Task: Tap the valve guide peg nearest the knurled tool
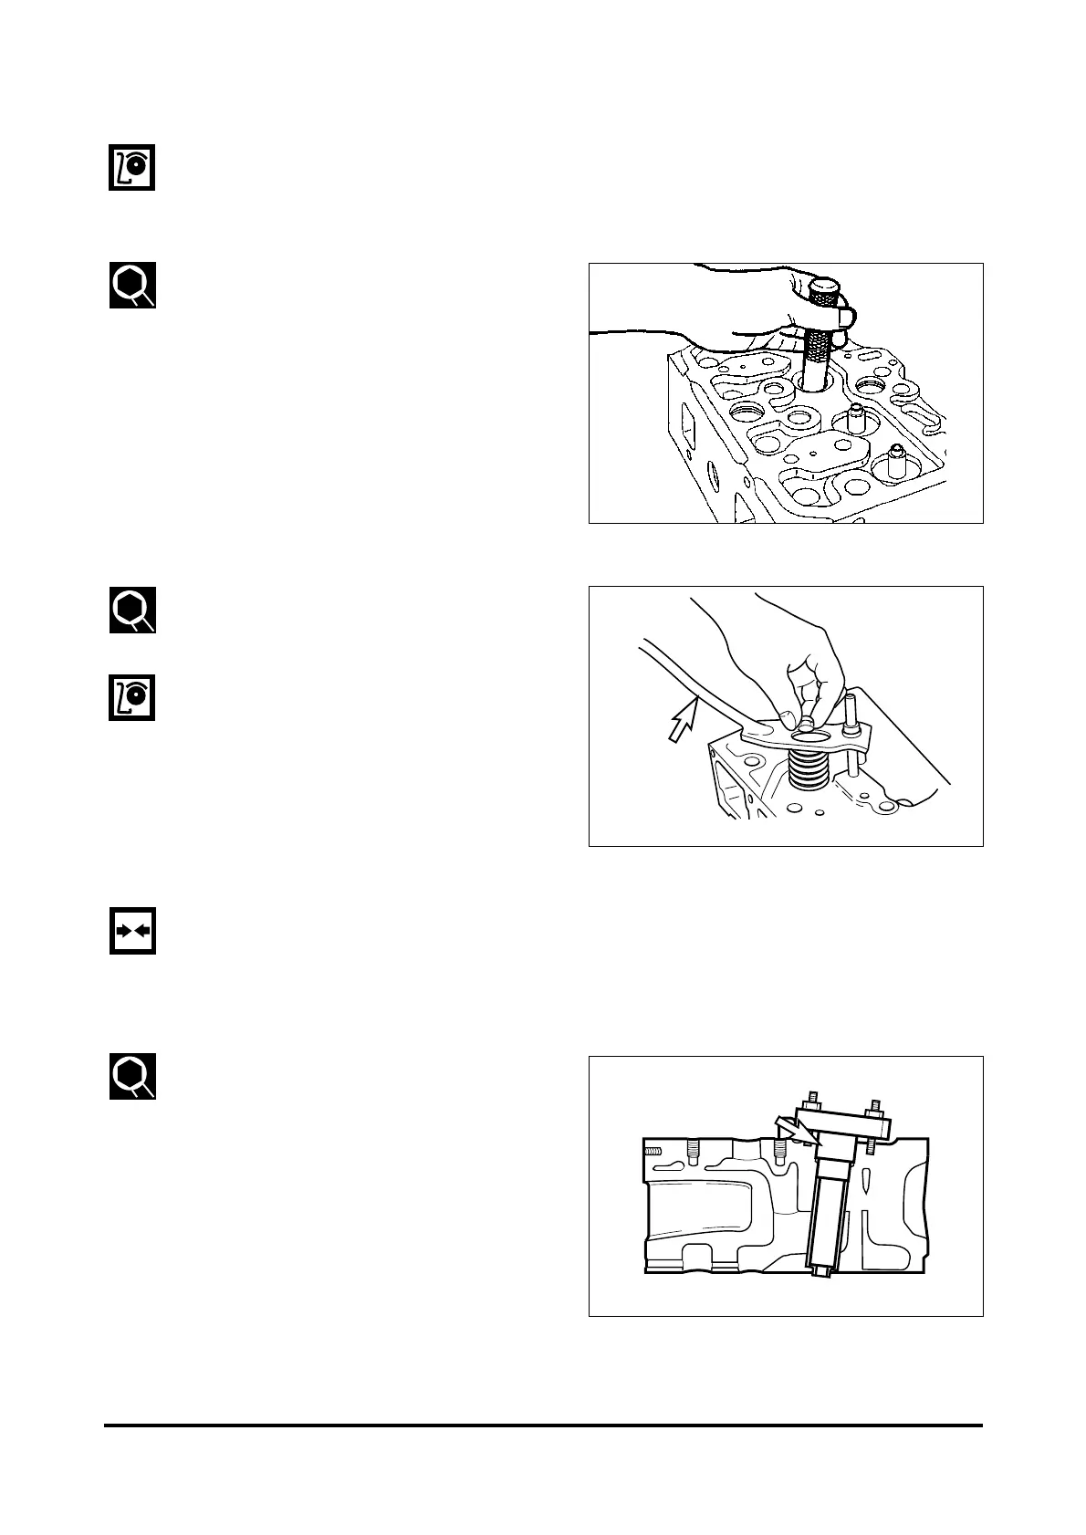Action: click(x=855, y=420)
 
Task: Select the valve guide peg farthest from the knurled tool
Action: click(x=897, y=461)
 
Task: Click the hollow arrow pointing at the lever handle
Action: click(x=681, y=720)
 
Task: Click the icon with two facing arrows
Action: click(x=132, y=931)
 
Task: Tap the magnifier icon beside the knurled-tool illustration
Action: click(x=132, y=286)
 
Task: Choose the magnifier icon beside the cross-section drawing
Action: click(x=132, y=1076)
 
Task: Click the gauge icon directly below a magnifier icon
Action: click(x=132, y=698)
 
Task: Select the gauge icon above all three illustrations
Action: click(x=132, y=167)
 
